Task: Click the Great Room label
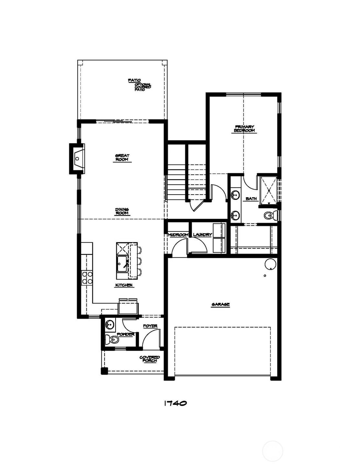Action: tap(122, 158)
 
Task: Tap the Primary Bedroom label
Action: tap(244, 129)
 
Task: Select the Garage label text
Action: tap(220, 304)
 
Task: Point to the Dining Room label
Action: tap(122, 211)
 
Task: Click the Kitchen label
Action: tap(124, 285)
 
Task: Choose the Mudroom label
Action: tap(178, 235)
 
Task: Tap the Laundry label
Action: tap(202, 235)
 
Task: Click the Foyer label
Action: tap(150, 326)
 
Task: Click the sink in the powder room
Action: tap(110, 324)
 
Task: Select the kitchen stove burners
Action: tap(87, 278)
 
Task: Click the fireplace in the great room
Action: tap(77, 158)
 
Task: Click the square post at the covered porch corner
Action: tap(104, 371)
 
